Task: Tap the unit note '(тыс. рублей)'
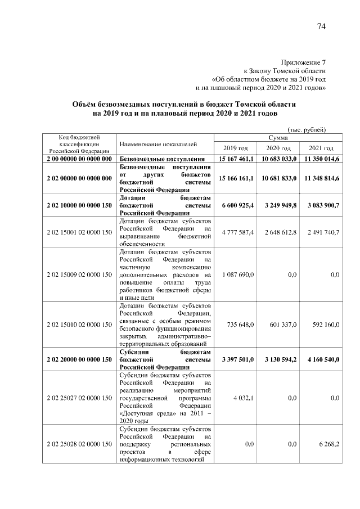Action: [x=306, y=128]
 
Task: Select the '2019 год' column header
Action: [x=235, y=148]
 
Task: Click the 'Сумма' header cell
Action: [x=278, y=137]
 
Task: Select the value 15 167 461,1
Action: [x=236, y=160]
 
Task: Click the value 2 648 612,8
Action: [x=280, y=232]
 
